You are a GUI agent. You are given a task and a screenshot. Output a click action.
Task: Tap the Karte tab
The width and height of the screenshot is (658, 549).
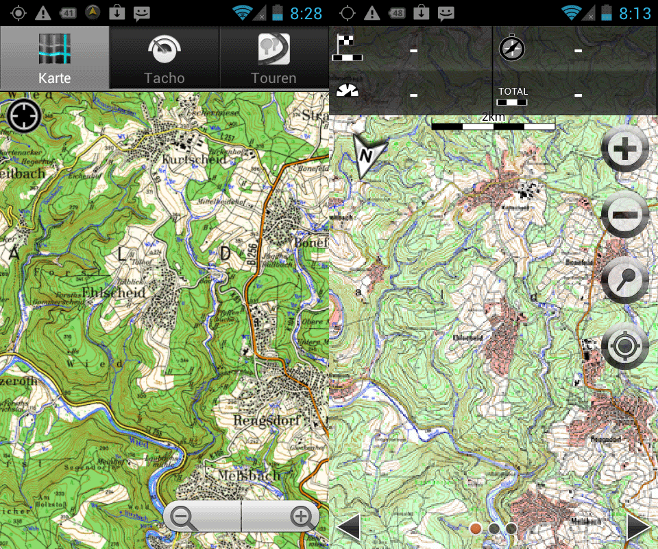click(x=55, y=59)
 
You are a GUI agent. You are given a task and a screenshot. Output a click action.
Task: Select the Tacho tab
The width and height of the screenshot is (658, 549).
click(x=164, y=59)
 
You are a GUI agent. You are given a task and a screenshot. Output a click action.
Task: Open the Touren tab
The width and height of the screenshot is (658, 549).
click(x=273, y=59)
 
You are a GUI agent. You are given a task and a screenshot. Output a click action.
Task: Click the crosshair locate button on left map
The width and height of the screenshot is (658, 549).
click(x=24, y=115)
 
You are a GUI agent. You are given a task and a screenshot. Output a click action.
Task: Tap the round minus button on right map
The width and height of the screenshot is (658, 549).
click(x=624, y=215)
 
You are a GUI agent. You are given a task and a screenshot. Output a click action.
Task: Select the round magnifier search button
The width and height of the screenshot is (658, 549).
click(x=624, y=280)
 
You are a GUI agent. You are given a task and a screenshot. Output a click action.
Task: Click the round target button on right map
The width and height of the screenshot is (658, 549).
click(x=624, y=346)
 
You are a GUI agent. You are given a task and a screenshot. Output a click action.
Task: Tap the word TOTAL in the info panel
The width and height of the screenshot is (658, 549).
click(x=513, y=91)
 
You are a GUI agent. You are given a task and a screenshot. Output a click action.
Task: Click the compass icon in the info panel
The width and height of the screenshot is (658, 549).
click(x=511, y=49)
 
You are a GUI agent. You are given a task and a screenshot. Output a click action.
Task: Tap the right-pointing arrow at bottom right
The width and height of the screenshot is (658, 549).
click(x=638, y=528)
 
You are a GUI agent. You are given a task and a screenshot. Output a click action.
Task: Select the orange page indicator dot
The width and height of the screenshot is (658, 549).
click(x=476, y=528)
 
